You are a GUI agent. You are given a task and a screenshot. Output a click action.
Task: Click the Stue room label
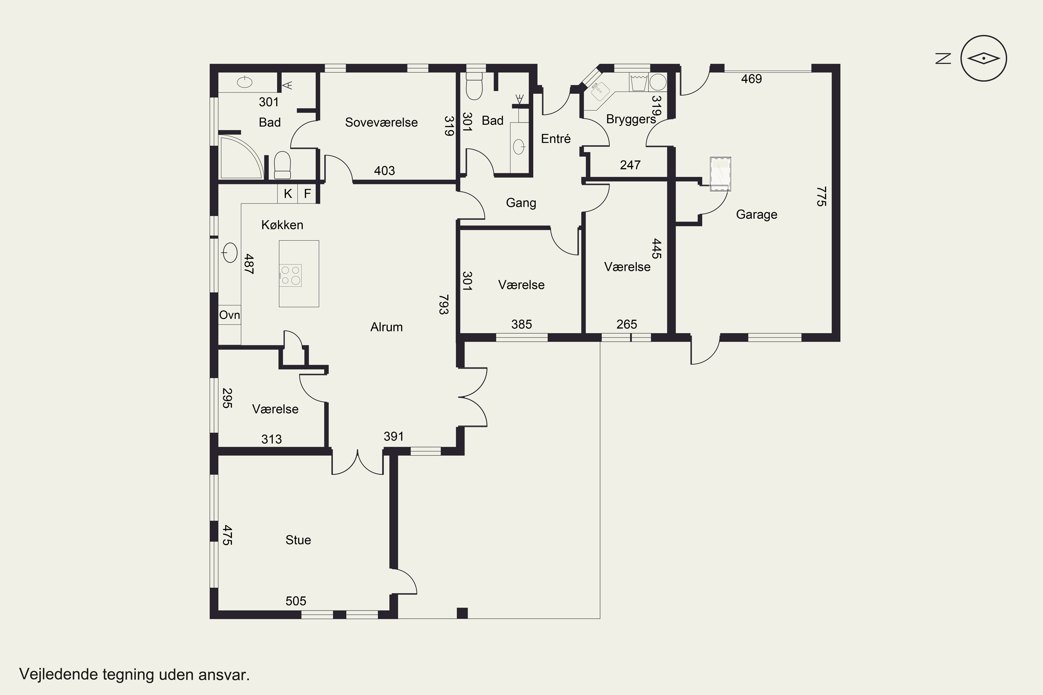[x=298, y=540]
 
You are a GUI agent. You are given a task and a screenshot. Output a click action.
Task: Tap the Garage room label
[x=757, y=214]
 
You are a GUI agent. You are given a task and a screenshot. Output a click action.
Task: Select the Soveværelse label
[x=381, y=122]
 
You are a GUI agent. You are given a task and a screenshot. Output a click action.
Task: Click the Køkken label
[x=282, y=225]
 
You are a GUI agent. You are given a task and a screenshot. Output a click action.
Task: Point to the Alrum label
[x=386, y=327]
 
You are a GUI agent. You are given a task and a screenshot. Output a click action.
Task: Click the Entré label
[x=556, y=139]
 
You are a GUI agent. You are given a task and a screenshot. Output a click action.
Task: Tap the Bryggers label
[x=631, y=120]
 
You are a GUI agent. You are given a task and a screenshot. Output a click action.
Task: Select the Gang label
[x=521, y=203]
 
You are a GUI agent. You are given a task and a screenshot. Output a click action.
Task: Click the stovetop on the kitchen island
[x=290, y=275]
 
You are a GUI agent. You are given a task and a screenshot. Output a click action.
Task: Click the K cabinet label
[x=288, y=194]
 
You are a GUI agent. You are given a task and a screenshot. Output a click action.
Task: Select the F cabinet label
[x=307, y=194]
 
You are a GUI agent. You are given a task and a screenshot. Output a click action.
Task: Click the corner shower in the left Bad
[x=241, y=158]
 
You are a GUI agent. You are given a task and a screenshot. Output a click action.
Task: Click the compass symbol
[x=984, y=58]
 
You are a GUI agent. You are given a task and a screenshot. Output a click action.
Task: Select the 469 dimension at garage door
[x=751, y=79]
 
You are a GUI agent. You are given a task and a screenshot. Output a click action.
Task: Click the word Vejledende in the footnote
[x=58, y=674]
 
